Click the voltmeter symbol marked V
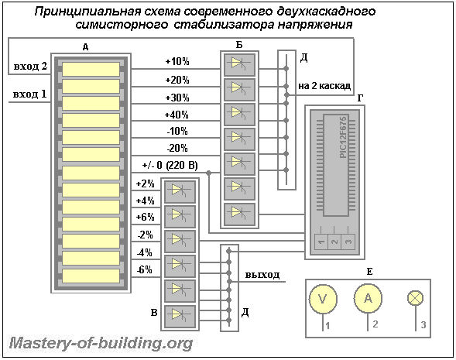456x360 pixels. click(x=323, y=299)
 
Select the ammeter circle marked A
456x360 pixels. click(x=368, y=298)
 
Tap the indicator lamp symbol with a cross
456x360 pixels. click(x=415, y=298)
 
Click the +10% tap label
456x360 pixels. click(x=177, y=62)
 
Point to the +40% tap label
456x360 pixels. click(x=177, y=115)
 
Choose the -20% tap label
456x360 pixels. click(x=177, y=149)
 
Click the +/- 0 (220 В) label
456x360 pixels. click(x=170, y=165)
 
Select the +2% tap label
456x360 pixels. click(x=145, y=183)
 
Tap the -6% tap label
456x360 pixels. click(x=145, y=269)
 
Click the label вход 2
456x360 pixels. click(x=30, y=67)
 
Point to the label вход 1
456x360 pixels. click(x=29, y=94)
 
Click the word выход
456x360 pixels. click(x=262, y=275)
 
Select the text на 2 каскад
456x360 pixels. click(x=324, y=86)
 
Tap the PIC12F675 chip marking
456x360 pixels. click(x=344, y=137)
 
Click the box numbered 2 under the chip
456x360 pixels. click(x=334, y=242)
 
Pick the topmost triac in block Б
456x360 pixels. click(x=239, y=64)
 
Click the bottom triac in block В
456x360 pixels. click(x=180, y=317)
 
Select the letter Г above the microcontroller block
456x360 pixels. click(x=360, y=98)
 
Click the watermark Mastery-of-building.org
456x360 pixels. click(x=101, y=344)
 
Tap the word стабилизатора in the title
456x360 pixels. click(x=223, y=25)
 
